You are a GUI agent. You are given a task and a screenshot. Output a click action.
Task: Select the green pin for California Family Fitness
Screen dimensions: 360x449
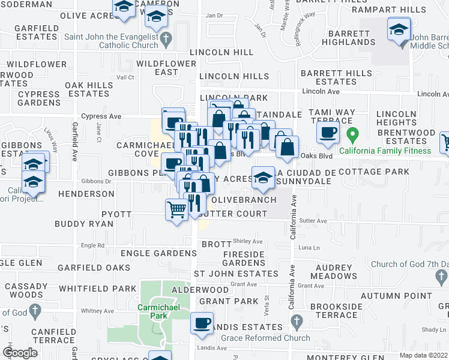[354, 134]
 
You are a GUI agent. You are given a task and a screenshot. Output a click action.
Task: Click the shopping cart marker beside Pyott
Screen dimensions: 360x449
[176, 210]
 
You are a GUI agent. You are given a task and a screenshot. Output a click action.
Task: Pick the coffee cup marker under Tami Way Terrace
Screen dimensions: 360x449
[328, 133]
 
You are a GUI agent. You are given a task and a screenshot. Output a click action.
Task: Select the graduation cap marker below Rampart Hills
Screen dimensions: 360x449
[399, 29]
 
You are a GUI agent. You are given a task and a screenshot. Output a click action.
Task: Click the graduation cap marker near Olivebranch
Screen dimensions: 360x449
[262, 177]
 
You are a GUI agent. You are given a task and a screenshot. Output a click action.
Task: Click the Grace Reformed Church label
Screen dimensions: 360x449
[265, 338]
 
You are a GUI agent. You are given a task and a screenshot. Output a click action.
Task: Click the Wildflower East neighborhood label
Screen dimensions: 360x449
[166, 68]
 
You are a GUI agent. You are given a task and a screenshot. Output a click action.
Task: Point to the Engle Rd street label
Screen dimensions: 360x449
[92, 245]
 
